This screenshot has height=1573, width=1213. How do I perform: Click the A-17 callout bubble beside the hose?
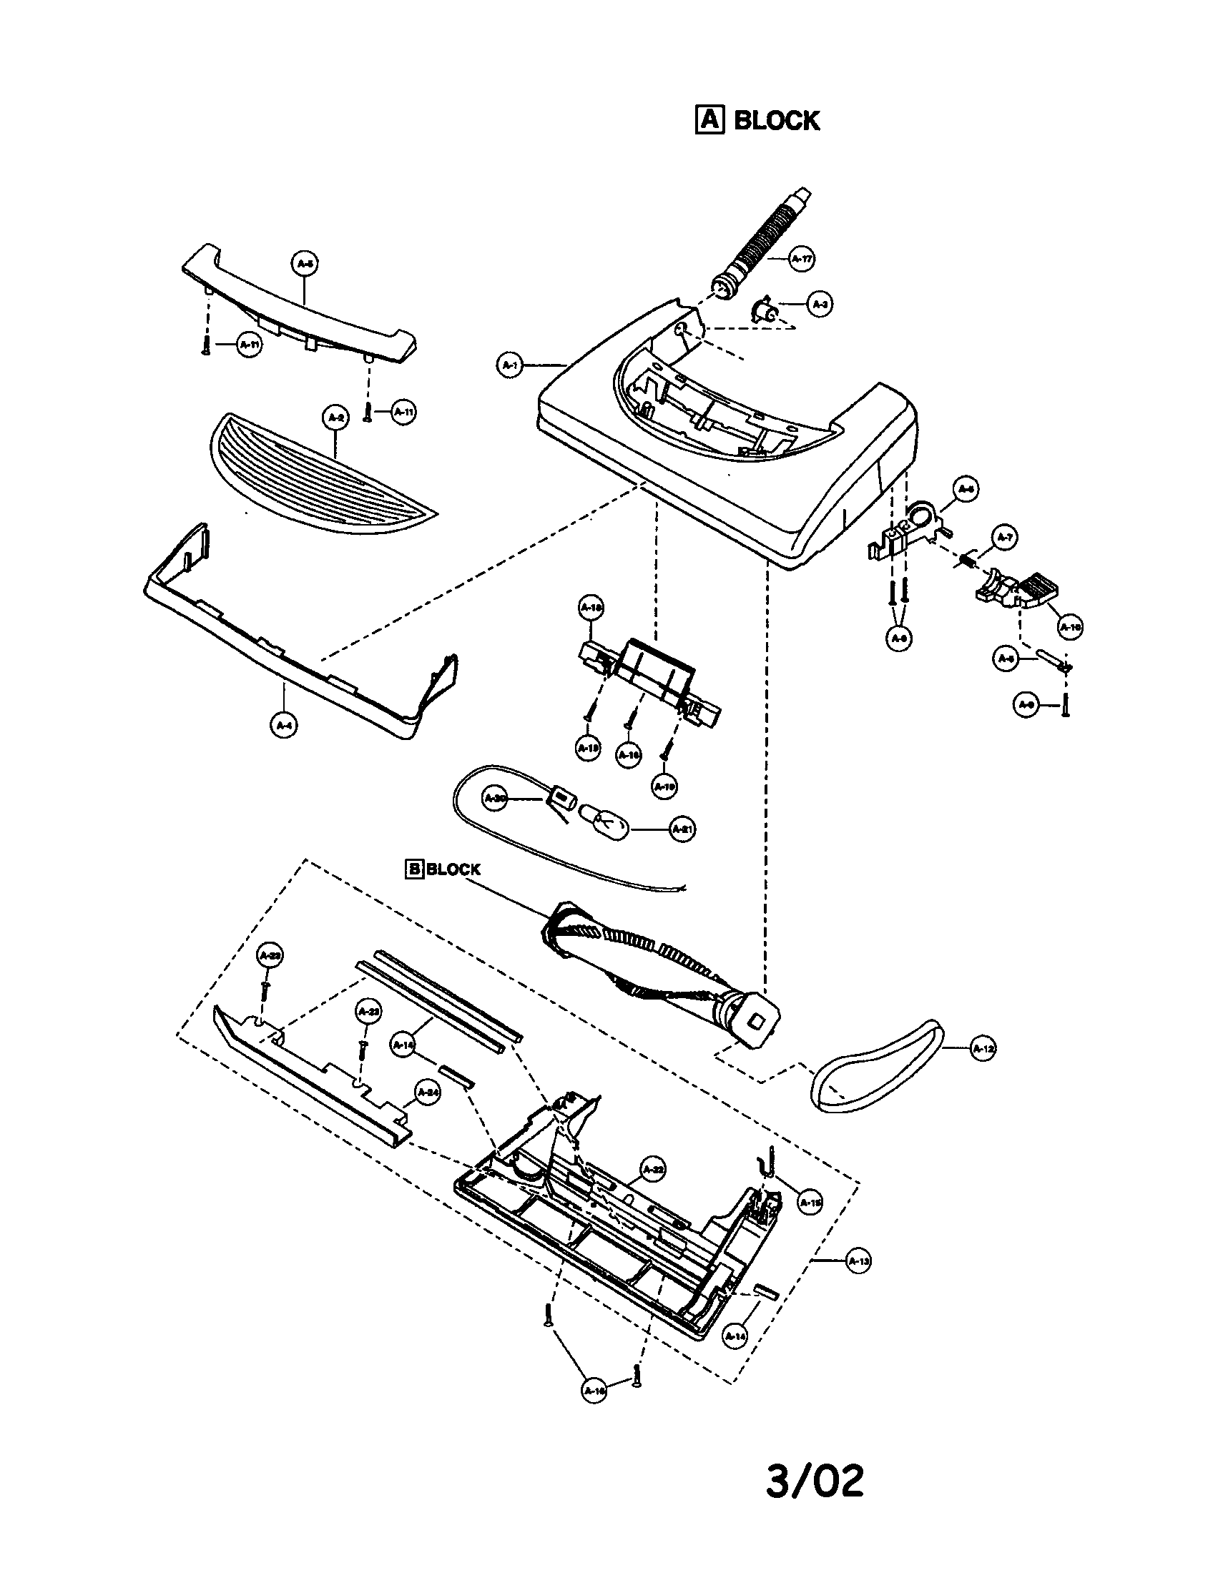click(802, 259)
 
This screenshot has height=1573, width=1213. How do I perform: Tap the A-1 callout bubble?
click(510, 366)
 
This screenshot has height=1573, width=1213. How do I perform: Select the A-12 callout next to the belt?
click(983, 1050)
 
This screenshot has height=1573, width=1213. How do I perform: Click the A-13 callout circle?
click(858, 1261)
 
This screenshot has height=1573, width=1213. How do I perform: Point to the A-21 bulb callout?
click(682, 829)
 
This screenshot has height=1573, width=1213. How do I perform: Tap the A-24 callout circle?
click(428, 1093)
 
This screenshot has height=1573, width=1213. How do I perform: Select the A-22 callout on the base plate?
click(652, 1170)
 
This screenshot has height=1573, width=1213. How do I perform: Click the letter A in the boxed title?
click(709, 120)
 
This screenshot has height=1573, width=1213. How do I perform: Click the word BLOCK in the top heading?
click(777, 120)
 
